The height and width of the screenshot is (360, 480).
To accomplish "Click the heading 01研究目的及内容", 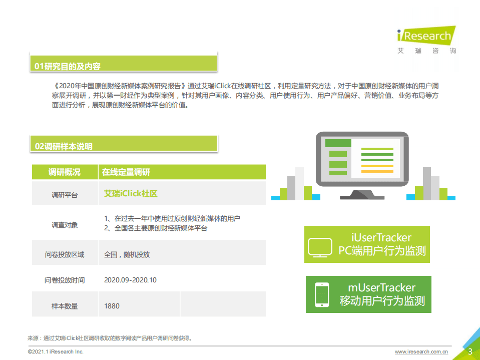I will [x=67, y=66].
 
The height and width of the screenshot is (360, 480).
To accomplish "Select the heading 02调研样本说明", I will [x=64, y=146].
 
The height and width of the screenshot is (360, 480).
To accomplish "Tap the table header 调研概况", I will [x=64, y=172].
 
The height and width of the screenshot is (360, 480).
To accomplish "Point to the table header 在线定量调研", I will [x=126, y=172].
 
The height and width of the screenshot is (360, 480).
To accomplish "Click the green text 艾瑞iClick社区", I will [x=131, y=194].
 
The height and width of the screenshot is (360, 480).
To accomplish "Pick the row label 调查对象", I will [x=65, y=225].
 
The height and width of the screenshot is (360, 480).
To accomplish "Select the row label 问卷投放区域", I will [x=65, y=254].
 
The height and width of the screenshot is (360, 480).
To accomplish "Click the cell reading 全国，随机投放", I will [x=127, y=254].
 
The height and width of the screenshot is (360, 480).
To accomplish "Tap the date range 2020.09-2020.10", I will [x=130, y=280].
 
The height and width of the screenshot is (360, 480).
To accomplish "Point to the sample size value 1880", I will [x=112, y=305].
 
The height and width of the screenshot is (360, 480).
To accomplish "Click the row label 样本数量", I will [x=65, y=305].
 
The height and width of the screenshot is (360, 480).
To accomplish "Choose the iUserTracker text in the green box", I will [x=381, y=237].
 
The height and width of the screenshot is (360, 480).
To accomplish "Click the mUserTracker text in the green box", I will [x=382, y=287].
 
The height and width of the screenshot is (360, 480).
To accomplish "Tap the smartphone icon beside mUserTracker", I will [x=321, y=295].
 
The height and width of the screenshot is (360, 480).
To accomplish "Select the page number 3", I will [x=470, y=351].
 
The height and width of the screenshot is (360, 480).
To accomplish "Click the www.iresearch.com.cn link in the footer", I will [x=421, y=352].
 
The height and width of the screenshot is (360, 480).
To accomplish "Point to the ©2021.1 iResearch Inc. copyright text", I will [x=56, y=352].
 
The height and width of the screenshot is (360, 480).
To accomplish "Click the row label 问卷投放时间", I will [x=65, y=280].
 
